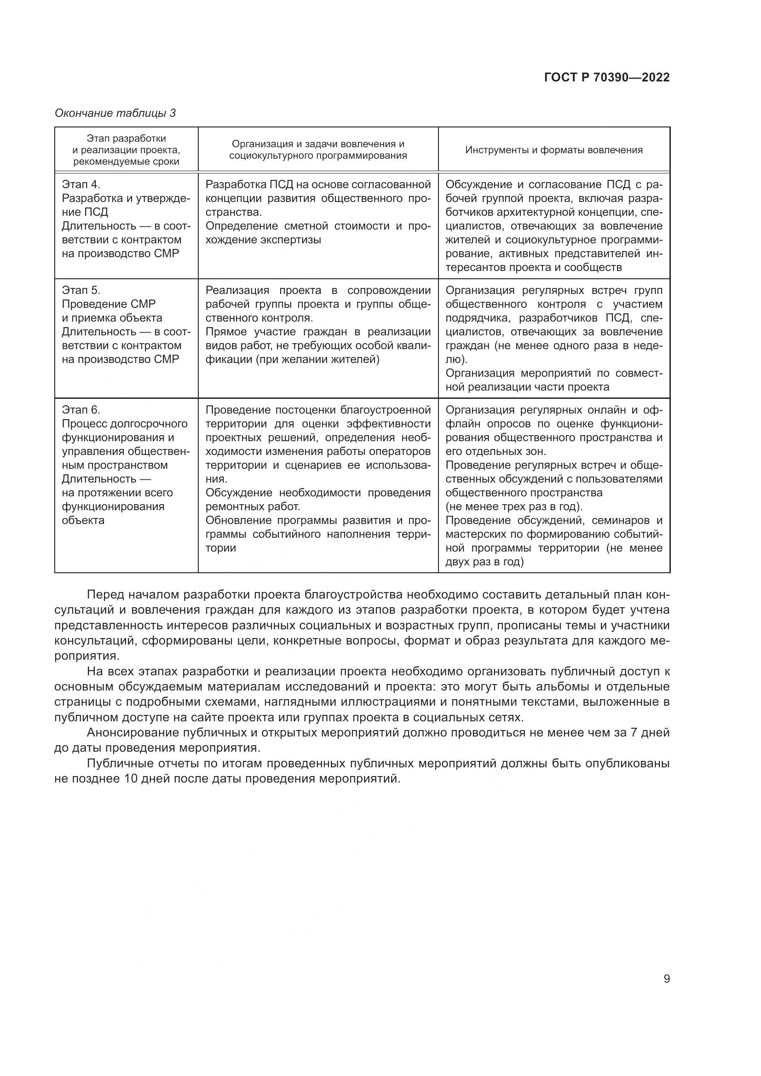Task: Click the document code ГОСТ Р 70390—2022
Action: click(x=607, y=77)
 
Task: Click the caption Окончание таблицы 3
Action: click(x=115, y=113)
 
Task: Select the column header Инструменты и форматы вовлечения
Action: click(x=554, y=150)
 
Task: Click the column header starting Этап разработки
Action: click(x=126, y=150)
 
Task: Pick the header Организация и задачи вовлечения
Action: click(x=318, y=150)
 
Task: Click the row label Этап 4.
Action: click(x=81, y=184)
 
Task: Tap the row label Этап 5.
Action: click(x=81, y=290)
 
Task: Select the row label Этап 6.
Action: click(x=81, y=409)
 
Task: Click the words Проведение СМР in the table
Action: click(x=109, y=304)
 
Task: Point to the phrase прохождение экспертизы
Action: click(x=263, y=240)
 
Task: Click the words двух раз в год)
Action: click(x=484, y=562)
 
